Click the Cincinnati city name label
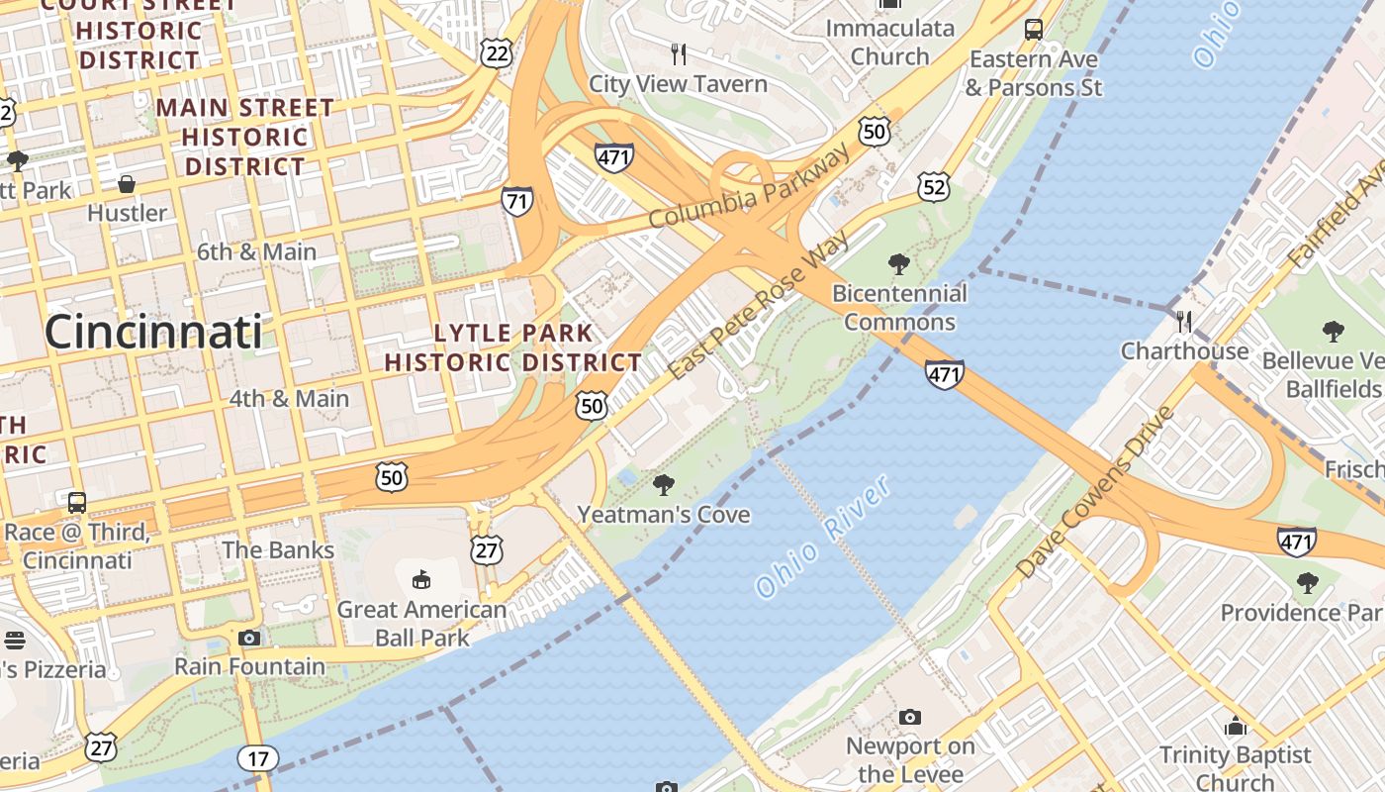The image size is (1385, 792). (153, 332)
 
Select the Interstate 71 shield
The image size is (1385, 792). (516, 201)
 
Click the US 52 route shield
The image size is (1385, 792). (933, 185)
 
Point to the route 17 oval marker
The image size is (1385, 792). (258, 759)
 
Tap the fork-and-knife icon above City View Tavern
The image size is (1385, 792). (678, 53)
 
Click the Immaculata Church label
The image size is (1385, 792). (889, 42)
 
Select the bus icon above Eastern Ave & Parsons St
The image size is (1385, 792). (1034, 30)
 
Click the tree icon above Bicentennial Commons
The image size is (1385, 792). (899, 264)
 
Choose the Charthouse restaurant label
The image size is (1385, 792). (1184, 351)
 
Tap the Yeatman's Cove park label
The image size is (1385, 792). (664, 515)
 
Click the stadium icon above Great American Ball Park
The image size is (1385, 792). (421, 578)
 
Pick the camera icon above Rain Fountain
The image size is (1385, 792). (249, 638)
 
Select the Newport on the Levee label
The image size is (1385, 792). (910, 760)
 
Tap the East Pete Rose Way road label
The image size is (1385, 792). (759, 305)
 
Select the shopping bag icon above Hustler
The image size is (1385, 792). (127, 184)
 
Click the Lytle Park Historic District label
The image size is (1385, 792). (513, 347)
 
